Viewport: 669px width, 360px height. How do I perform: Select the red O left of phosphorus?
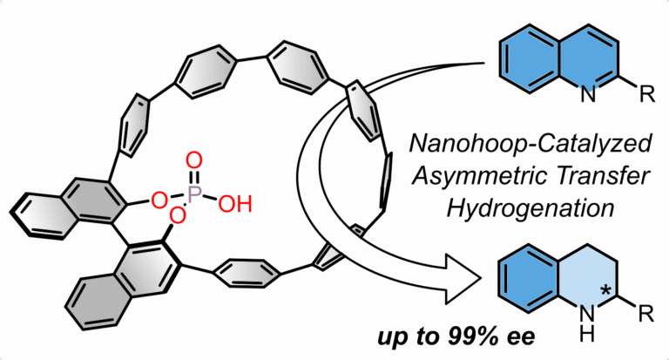(159, 201)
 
